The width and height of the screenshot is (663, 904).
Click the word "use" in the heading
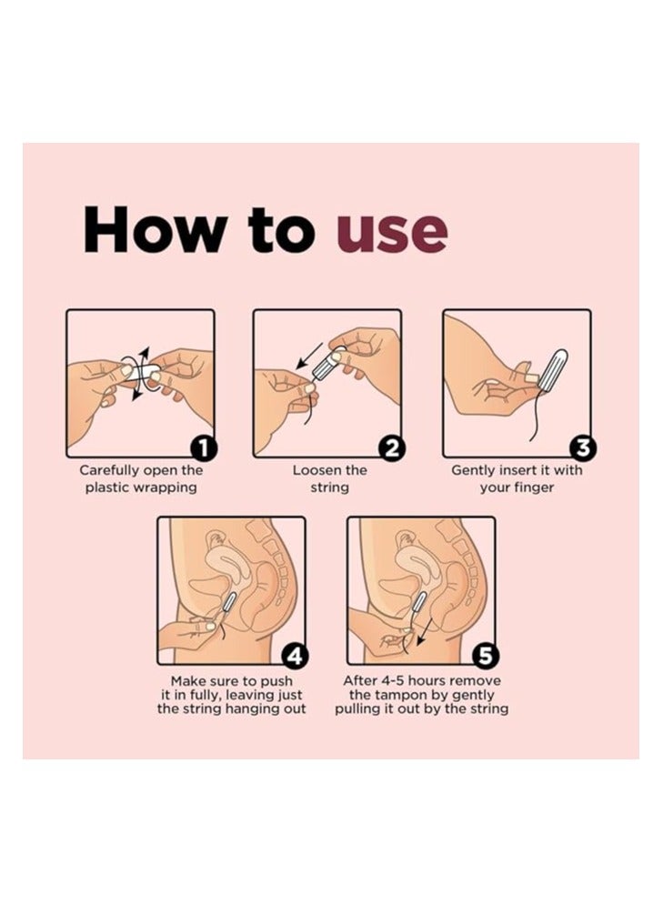pos(391,232)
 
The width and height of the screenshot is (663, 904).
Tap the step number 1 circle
pos(203,448)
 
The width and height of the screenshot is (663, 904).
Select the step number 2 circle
pos(391,448)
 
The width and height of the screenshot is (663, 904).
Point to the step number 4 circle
pos(294,656)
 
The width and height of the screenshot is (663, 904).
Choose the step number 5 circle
pos(484,656)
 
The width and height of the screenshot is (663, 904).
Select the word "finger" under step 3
pos(533,487)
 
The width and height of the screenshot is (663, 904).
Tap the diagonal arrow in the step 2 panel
pos(310,357)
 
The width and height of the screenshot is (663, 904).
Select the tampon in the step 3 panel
pos(555,369)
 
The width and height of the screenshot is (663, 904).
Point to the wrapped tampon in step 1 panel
pos(139,372)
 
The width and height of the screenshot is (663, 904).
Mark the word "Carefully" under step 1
pos(109,470)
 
